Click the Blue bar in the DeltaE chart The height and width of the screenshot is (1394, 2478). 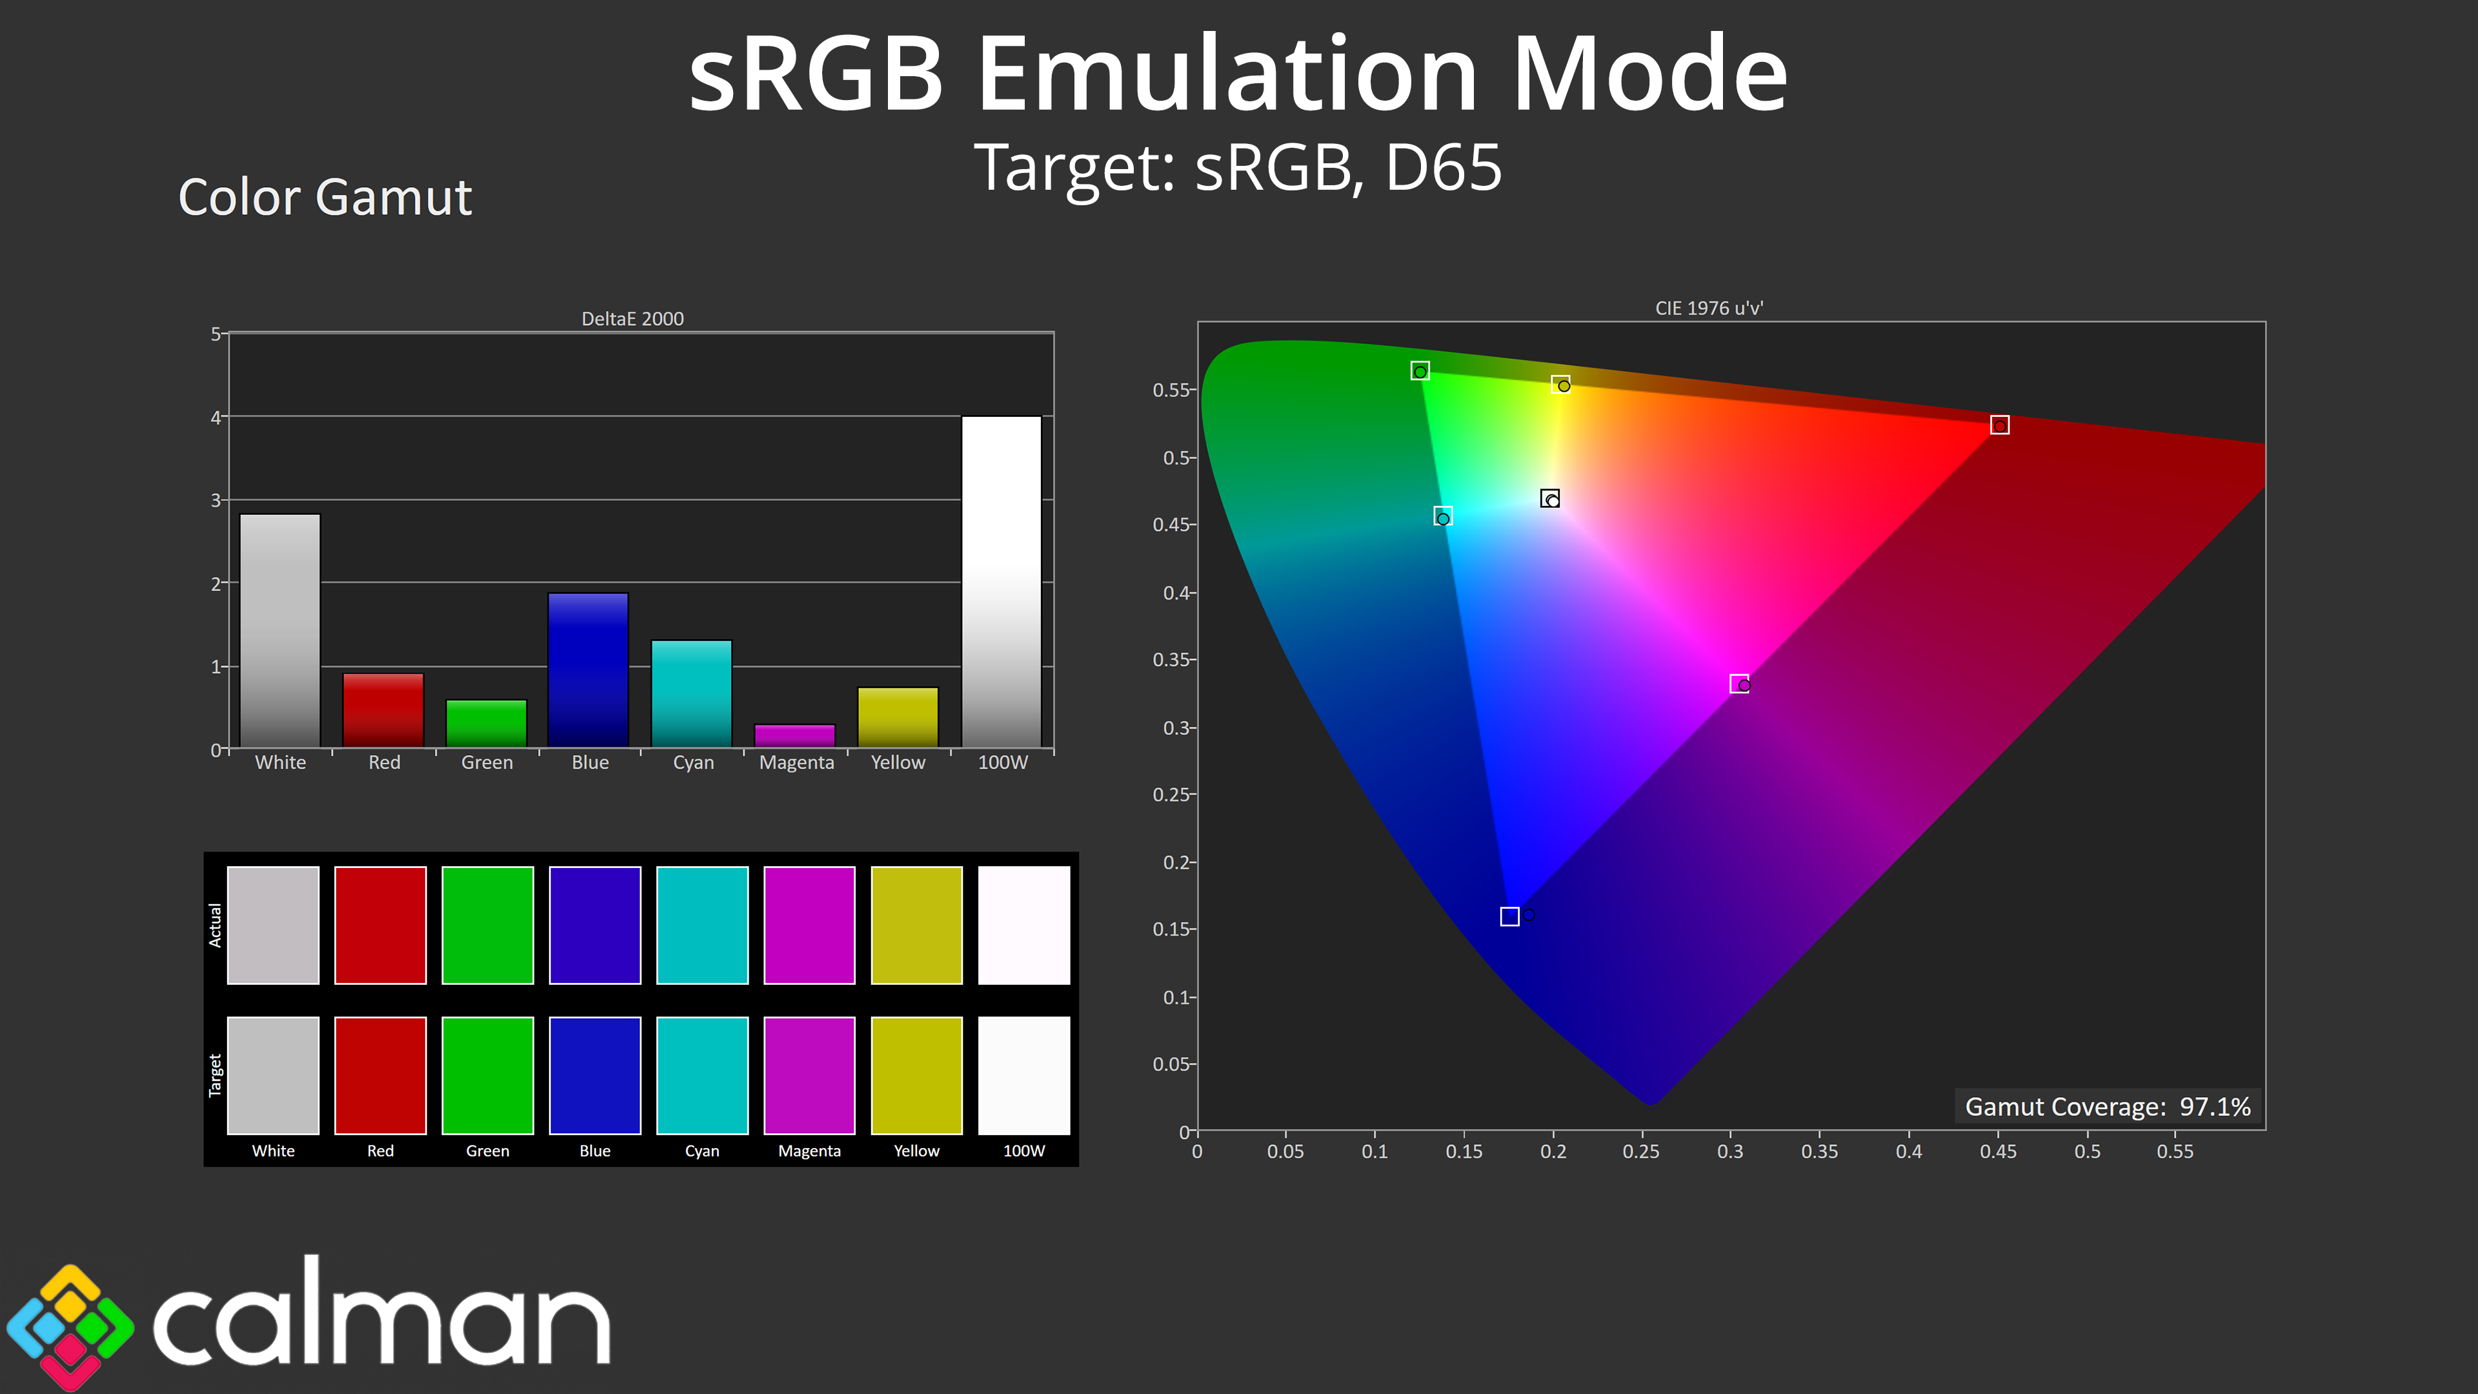(588, 670)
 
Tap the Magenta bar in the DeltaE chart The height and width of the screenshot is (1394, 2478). (794, 736)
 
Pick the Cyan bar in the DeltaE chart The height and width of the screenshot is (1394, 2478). (692, 694)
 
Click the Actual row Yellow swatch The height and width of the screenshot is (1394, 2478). (917, 925)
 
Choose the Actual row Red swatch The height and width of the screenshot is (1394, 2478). (380, 925)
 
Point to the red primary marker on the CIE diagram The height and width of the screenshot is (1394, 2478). (1999, 425)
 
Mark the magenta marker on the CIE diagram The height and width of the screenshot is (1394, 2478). (1739, 684)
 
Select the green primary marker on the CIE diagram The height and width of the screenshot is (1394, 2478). (1420, 370)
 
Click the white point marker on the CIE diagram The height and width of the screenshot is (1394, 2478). (1549, 498)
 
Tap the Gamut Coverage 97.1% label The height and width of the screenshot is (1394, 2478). (2108, 1106)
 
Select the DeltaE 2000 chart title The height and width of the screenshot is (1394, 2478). (632, 318)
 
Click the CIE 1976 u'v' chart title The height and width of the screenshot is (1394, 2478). (1708, 308)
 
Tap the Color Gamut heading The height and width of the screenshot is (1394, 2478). (325, 197)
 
